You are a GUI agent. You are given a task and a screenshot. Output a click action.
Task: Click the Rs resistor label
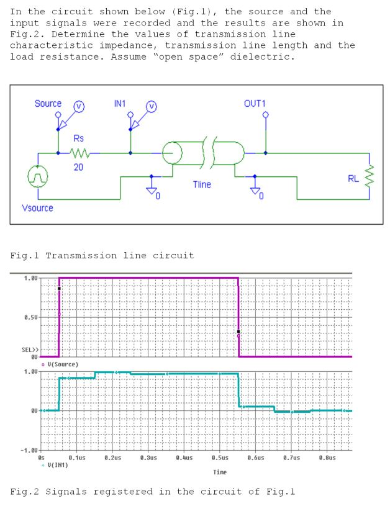79,138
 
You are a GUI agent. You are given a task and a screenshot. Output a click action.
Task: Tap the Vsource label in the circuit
37,208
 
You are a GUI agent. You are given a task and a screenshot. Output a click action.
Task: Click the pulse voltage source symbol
38,177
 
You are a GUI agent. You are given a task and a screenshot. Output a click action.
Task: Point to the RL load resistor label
353,178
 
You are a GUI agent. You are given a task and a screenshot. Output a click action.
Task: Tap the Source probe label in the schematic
48,103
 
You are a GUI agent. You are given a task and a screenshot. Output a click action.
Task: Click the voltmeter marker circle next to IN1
151,107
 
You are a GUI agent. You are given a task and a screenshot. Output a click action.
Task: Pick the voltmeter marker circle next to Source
79,107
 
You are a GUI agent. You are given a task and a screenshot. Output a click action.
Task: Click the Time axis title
219,472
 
